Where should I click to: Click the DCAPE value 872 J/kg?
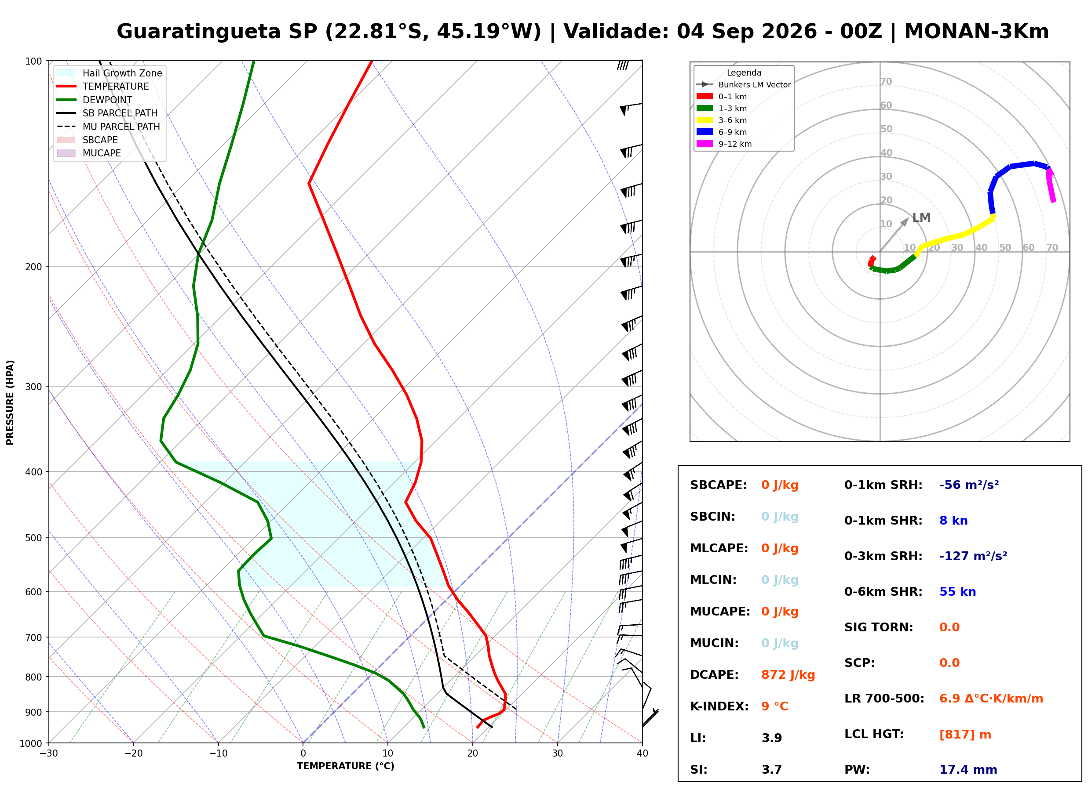788,675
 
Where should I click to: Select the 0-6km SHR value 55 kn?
957,592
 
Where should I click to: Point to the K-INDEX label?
719,706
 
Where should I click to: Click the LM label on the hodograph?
921,217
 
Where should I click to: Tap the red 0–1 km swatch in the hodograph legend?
705,96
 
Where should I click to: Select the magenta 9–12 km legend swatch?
705,144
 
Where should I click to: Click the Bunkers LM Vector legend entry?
744,85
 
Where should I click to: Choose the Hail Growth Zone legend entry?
110,73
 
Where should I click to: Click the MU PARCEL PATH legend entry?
109,127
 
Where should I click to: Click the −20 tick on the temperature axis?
133,753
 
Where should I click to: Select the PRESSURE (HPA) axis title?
10,402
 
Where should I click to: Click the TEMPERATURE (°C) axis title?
345,766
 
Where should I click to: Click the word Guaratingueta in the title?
199,32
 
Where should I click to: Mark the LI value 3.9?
771,738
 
